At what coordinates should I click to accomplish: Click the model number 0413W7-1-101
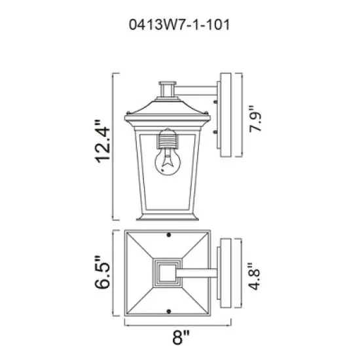pyautogui.click(x=180, y=27)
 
